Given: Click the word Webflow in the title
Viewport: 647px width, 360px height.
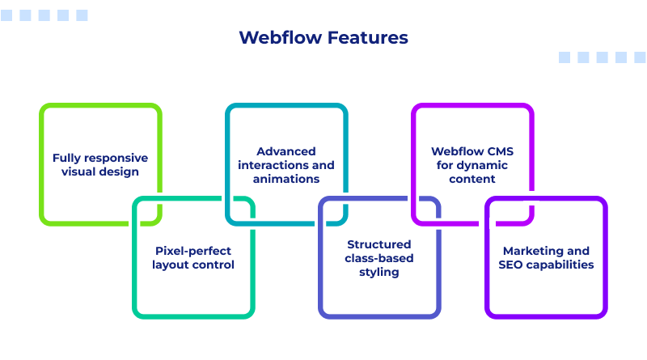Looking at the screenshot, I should (x=280, y=38).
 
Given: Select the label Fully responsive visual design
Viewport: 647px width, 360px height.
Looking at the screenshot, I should (x=100, y=164).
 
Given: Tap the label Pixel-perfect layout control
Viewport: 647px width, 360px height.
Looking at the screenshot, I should (x=194, y=257).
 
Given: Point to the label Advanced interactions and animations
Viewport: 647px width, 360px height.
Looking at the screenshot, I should (x=286, y=164).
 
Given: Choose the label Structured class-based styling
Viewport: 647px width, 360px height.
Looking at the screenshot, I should (x=379, y=258).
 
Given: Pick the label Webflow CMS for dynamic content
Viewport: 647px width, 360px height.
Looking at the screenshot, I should (x=472, y=164).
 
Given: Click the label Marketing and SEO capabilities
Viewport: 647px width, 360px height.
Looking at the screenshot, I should (x=546, y=257).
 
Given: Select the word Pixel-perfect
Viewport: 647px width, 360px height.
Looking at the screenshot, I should (x=194, y=251).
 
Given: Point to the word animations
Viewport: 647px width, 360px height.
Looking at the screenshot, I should (x=286, y=178).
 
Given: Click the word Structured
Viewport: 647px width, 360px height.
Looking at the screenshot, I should (x=379, y=244).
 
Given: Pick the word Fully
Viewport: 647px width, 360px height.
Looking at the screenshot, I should (x=66, y=158).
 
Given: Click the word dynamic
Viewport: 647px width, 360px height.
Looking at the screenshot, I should (x=488, y=164).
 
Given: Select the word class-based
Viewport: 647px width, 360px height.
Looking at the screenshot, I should (x=379, y=258).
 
